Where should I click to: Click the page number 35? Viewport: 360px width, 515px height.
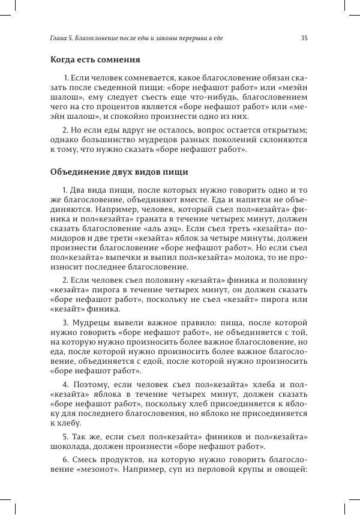(304, 38)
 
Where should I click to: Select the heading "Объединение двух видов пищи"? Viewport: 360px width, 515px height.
(119, 172)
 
